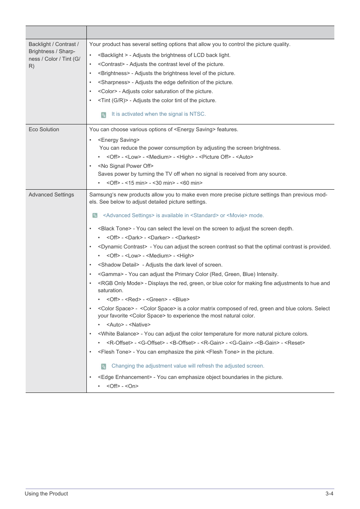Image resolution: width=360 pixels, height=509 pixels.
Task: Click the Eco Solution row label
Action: (x=44, y=129)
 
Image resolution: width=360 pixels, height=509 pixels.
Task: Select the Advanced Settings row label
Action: (x=51, y=195)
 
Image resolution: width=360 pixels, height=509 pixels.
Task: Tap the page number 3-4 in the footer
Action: (x=329, y=494)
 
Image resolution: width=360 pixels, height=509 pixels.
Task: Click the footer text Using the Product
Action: (x=46, y=494)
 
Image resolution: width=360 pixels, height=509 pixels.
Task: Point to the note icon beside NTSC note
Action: (x=103, y=115)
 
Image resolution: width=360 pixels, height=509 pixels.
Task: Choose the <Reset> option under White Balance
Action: (x=294, y=343)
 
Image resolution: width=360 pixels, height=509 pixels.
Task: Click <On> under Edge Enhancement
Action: (x=132, y=386)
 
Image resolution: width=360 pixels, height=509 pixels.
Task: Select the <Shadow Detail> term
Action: (x=118, y=265)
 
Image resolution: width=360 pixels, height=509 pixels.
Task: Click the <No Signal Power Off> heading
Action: (x=126, y=166)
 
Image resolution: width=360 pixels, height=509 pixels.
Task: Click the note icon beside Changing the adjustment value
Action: (x=103, y=366)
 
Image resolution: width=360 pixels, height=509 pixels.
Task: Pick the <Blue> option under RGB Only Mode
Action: (x=181, y=299)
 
